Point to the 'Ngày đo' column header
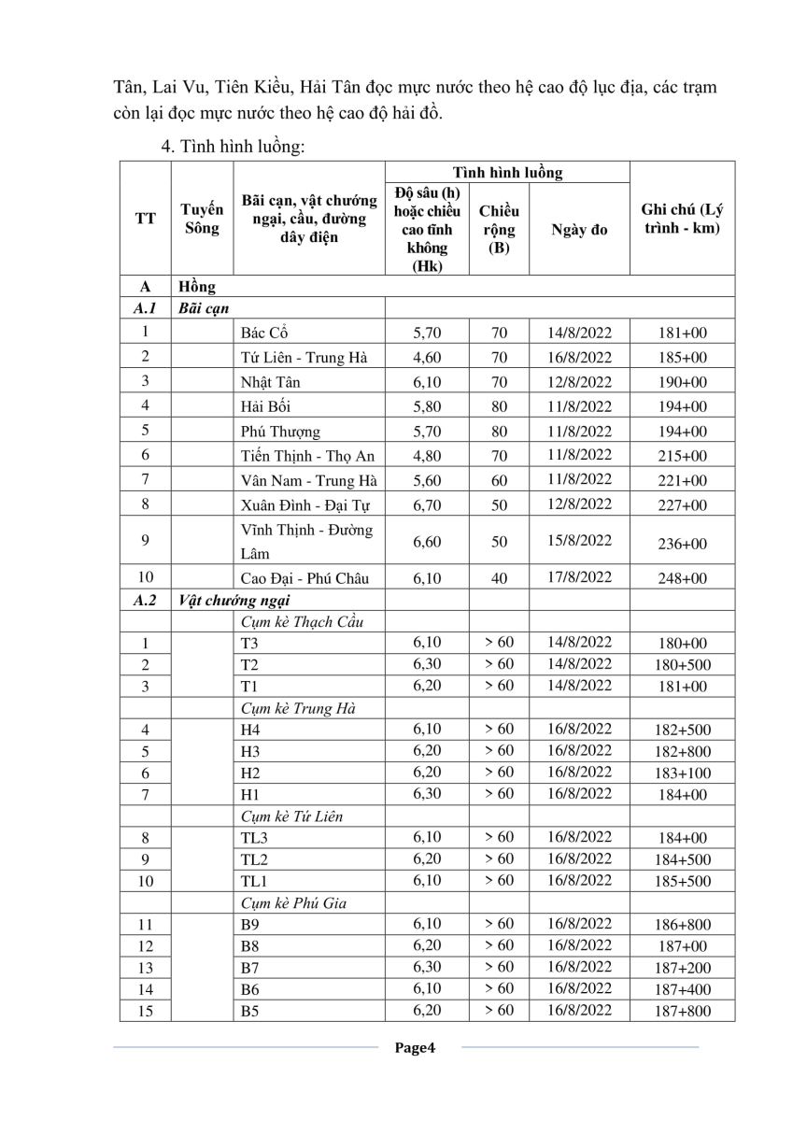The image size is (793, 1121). pyautogui.click(x=579, y=230)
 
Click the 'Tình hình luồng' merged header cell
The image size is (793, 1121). pyautogui.click(x=507, y=173)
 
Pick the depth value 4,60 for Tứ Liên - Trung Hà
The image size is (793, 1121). pyautogui.click(x=427, y=357)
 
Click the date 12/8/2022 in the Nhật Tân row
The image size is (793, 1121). pyautogui.click(x=579, y=381)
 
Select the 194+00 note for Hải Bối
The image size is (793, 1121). pyautogui.click(x=682, y=406)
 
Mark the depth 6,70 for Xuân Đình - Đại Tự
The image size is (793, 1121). pyautogui.click(x=427, y=504)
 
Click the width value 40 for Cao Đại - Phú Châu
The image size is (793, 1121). pyautogui.click(x=499, y=578)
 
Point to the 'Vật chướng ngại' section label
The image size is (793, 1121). pyautogui.click(x=222, y=601)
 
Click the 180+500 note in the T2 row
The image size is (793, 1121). pyautogui.click(x=682, y=665)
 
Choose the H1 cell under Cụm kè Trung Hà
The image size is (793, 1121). pyautogui.click(x=249, y=795)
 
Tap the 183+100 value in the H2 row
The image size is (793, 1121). pyautogui.click(x=682, y=773)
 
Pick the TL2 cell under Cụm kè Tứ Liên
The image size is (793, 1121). pyautogui.click(x=254, y=859)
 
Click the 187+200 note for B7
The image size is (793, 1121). pyautogui.click(x=682, y=968)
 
